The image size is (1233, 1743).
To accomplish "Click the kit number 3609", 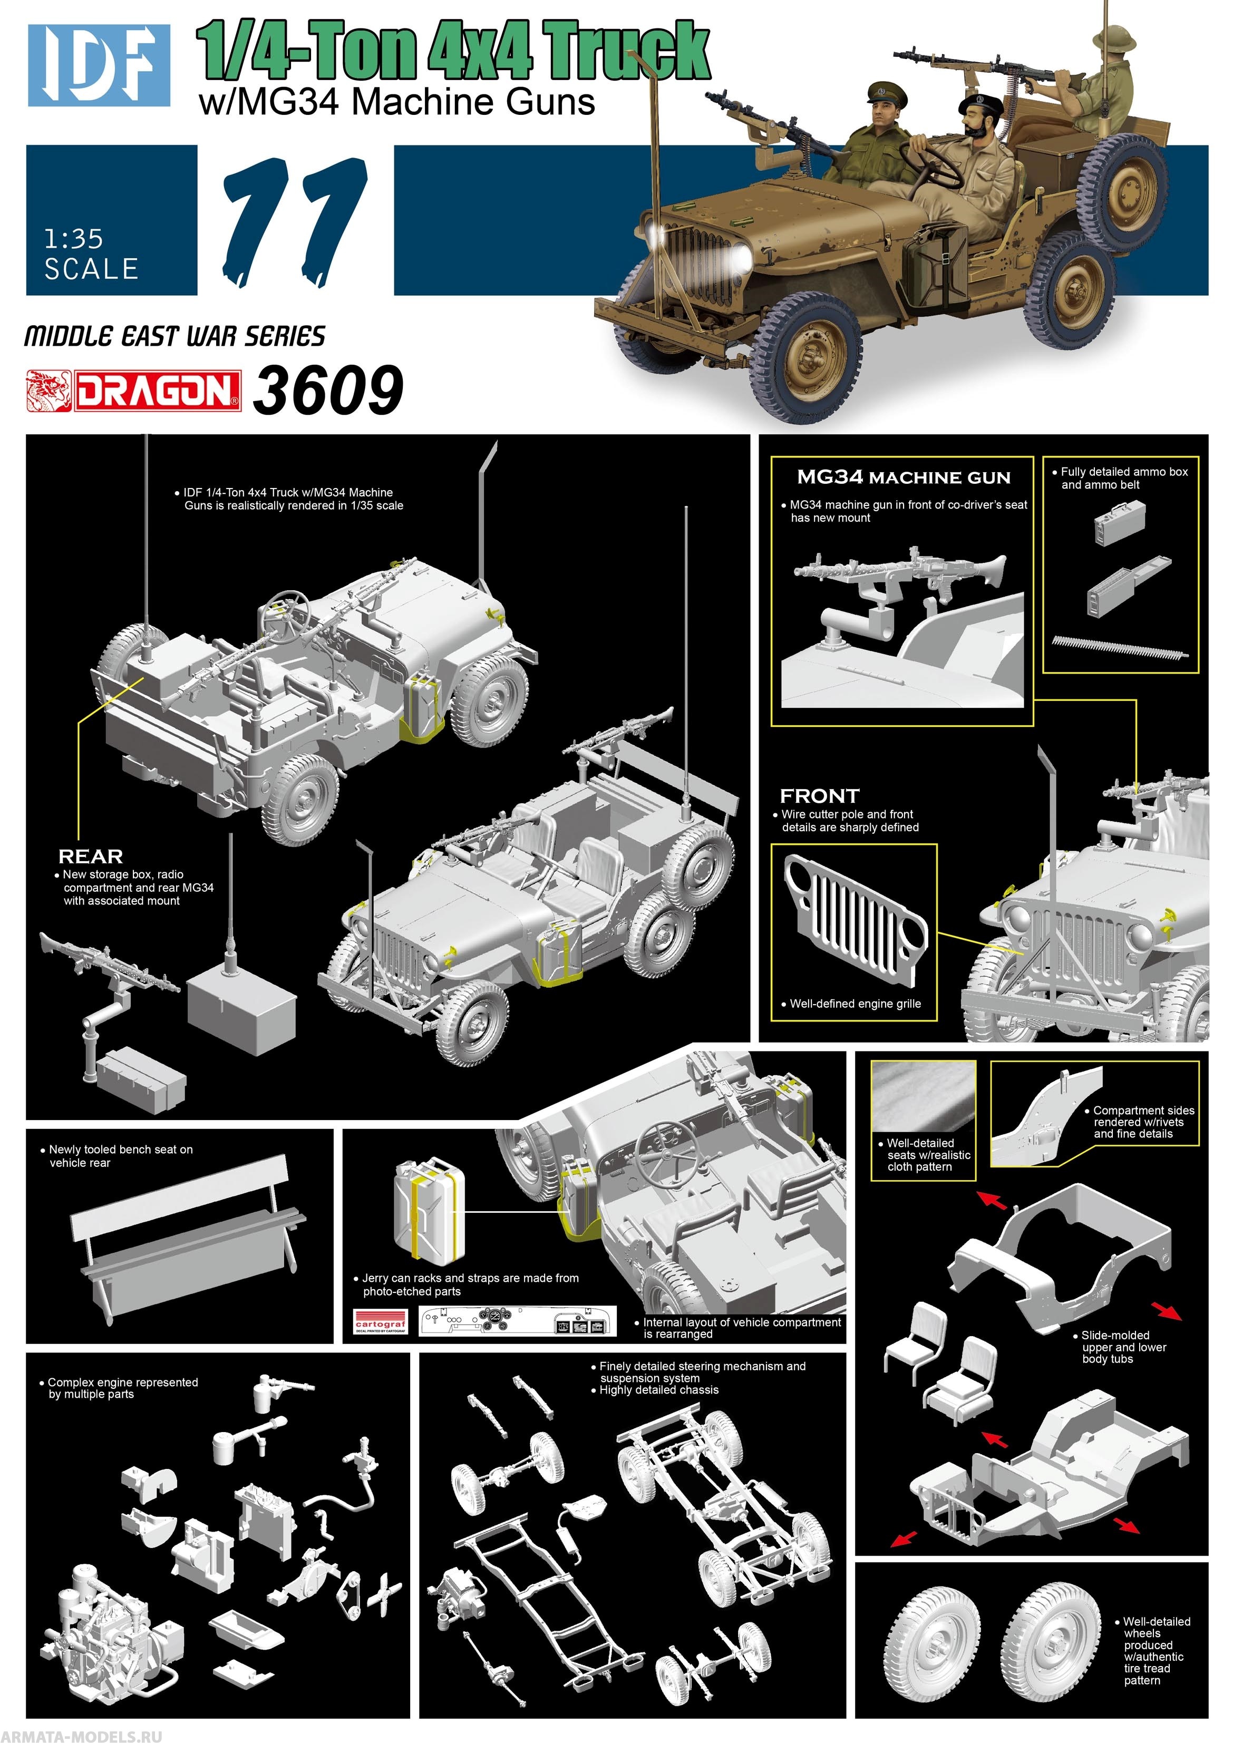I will (327, 390).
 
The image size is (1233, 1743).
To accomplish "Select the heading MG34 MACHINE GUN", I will (904, 478).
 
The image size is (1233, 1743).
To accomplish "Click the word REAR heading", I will (90, 856).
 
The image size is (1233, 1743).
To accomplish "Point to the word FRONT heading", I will (819, 796).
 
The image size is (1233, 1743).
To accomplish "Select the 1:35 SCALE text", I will (91, 255).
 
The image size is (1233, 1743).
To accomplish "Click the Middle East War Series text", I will (174, 336).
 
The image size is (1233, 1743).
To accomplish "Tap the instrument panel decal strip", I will (516, 1322).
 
